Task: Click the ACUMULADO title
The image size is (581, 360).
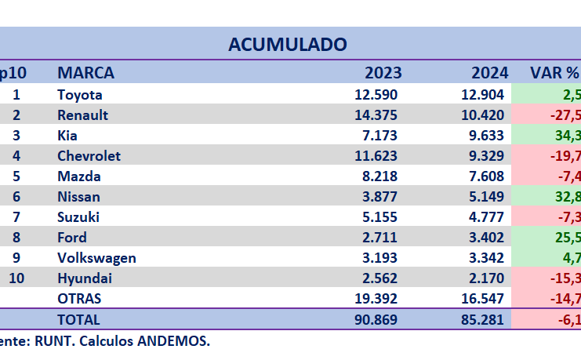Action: click(x=288, y=44)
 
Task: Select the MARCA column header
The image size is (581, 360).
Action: click(x=85, y=73)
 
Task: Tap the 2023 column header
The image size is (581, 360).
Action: click(x=383, y=73)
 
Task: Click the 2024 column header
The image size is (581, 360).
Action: click(x=489, y=73)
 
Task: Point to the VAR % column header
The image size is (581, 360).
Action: click(x=554, y=73)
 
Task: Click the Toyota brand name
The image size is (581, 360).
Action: click(x=80, y=95)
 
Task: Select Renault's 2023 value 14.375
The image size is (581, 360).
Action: click(x=376, y=115)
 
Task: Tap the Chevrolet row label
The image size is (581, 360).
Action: click(x=89, y=156)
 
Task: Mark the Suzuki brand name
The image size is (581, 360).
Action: click(x=78, y=217)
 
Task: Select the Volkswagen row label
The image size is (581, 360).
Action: click(x=96, y=258)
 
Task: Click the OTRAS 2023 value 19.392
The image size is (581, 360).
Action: click(x=376, y=299)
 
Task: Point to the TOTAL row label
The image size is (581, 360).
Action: click(x=78, y=319)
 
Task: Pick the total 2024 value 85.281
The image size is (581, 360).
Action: click(x=483, y=319)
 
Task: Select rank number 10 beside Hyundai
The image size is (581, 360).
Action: click(x=18, y=278)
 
